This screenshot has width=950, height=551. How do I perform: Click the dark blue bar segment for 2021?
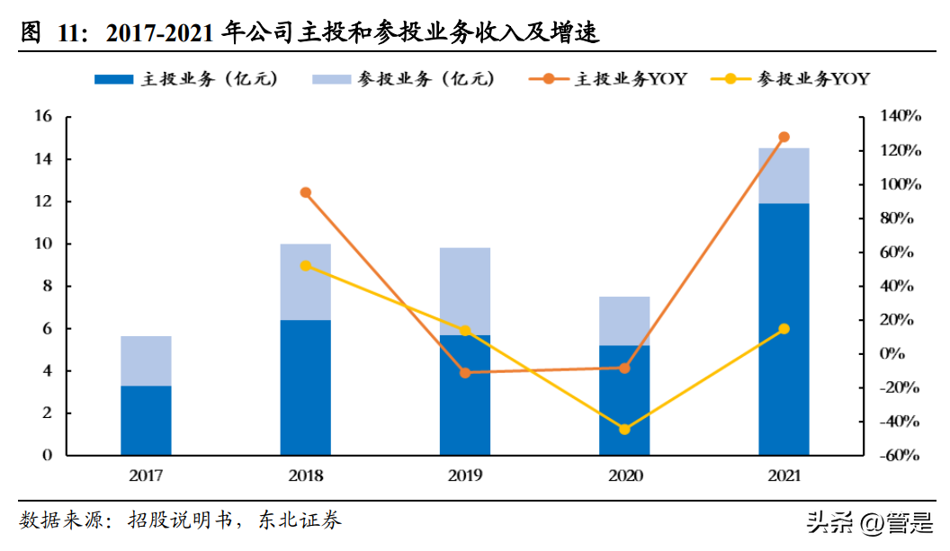[784, 328]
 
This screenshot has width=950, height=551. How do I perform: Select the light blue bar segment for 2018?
[305, 281]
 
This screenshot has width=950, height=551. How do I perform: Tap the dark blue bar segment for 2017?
[146, 420]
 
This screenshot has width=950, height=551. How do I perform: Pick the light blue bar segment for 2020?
[624, 321]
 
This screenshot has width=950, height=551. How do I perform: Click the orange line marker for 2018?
[306, 192]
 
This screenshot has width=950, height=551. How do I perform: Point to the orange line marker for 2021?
[784, 138]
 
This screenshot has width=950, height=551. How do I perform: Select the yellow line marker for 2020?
[624, 429]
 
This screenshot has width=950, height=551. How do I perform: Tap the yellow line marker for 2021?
[784, 329]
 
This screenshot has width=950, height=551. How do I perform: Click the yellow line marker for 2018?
[306, 266]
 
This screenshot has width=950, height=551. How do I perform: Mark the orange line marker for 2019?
[465, 372]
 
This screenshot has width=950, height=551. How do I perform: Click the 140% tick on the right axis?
[901, 117]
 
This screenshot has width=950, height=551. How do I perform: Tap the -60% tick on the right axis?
[899, 456]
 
